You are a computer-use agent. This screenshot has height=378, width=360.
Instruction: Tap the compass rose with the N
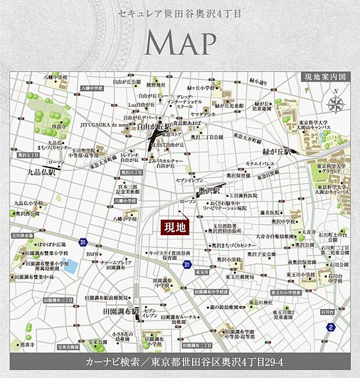point(336,104)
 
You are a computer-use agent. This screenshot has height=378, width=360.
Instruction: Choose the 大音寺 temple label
point(307,231)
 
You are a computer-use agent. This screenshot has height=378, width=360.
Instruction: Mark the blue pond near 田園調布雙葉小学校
point(70,267)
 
